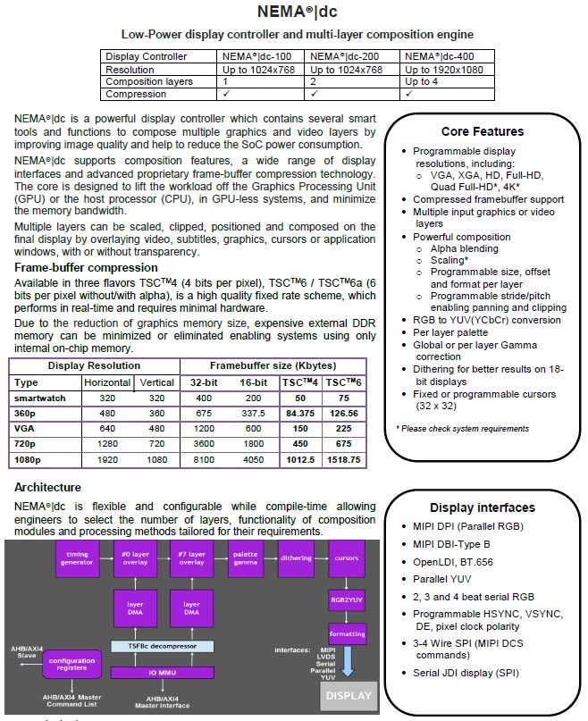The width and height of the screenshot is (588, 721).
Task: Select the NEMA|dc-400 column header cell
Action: pos(438,56)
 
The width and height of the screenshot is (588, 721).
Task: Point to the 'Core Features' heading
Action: pos(483,131)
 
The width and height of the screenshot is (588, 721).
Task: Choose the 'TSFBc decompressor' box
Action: pos(161,646)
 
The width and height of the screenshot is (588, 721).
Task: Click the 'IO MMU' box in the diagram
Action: pos(161,672)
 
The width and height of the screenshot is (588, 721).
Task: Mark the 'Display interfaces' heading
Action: pos(482,507)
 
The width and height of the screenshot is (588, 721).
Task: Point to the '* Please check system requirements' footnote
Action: pos(462,429)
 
